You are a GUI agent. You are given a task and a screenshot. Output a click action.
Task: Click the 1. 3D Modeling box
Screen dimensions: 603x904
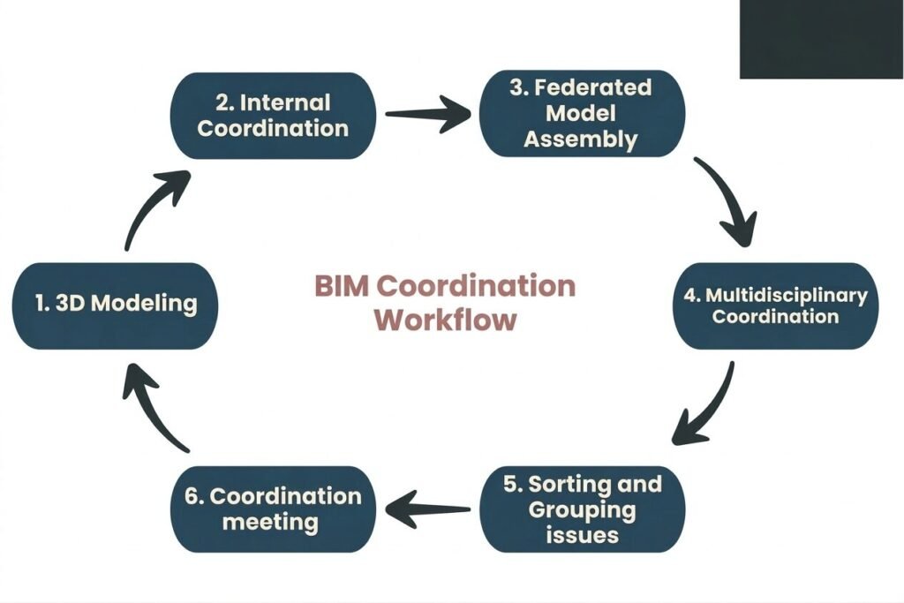coord(115,305)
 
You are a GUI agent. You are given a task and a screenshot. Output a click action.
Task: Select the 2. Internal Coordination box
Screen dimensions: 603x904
coord(273,116)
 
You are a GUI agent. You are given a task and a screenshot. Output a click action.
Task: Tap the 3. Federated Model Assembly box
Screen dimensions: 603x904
coord(581,114)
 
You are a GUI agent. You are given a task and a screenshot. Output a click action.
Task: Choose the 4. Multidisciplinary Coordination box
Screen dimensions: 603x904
coord(776,305)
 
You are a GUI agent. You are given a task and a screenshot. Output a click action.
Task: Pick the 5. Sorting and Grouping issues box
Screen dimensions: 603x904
coord(582,509)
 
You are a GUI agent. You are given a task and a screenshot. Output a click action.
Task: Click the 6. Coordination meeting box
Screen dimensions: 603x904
coord(273,509)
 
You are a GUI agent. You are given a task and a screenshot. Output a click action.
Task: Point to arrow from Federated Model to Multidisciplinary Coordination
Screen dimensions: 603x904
coord(729,201)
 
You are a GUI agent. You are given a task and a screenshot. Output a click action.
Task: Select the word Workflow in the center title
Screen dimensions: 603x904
coord(445,320)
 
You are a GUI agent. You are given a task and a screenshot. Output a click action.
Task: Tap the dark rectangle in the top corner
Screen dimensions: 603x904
coord(821,39)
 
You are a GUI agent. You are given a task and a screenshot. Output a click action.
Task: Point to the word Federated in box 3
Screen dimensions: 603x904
coord(593,88)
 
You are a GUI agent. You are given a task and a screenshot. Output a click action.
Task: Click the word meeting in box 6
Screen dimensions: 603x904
coord(270,522)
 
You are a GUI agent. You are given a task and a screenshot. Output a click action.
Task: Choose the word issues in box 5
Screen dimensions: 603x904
coord(581,534)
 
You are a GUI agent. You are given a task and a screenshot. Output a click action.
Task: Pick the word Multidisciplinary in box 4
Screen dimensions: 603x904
coord(786,295)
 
